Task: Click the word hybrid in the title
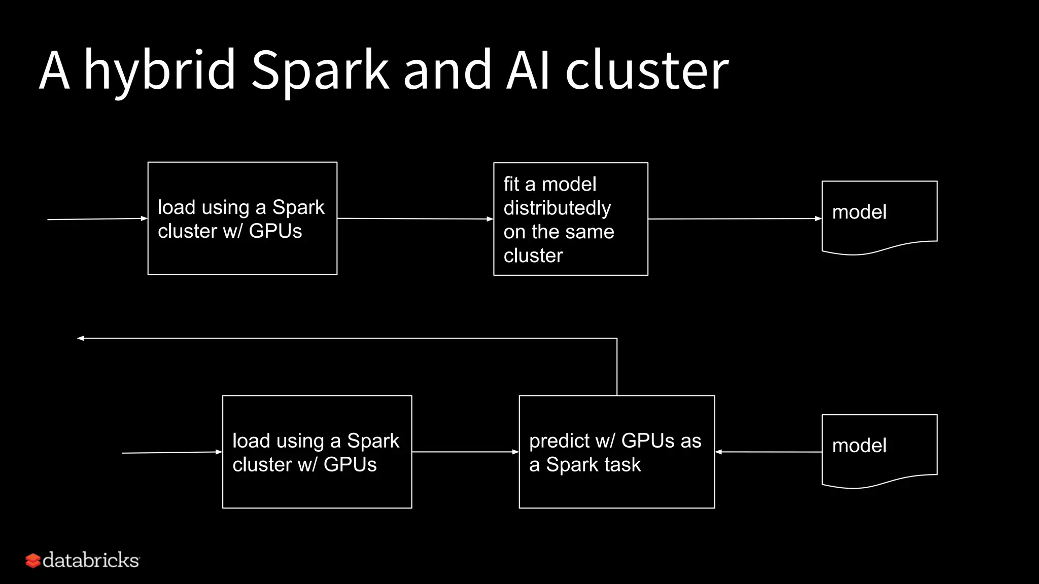tap(160, 71)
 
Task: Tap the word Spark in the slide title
tap(320, 71)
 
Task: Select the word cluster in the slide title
tap(647, 71)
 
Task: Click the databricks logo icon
tap(33, 561)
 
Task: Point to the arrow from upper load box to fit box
tap(415, 219)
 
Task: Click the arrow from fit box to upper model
tap(735, 219)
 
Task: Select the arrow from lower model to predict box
tap(768, 452)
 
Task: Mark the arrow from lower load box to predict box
tap(465, 452)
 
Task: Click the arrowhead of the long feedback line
tap(80, 338)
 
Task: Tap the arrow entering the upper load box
tap(96, 219)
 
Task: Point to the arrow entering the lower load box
tap(172, 452)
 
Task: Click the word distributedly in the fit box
tap(557, 208)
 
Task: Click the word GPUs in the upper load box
tap(275, 231)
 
